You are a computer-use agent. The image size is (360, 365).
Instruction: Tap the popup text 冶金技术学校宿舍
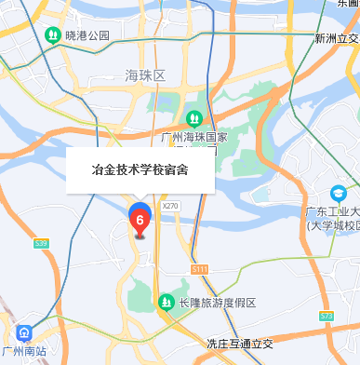coord(140,170)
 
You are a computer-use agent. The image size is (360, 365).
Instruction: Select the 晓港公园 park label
coord(88,35)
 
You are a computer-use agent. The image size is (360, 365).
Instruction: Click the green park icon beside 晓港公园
coord(53,35)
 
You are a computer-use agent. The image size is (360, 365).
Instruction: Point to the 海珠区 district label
coord(144,74)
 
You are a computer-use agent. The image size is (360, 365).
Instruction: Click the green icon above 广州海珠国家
coord(194,118)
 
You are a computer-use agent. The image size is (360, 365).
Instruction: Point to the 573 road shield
coord(326,316)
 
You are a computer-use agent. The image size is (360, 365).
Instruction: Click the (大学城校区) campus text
coord(332,225)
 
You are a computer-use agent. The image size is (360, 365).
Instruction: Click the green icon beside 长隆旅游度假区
coord(166,303)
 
